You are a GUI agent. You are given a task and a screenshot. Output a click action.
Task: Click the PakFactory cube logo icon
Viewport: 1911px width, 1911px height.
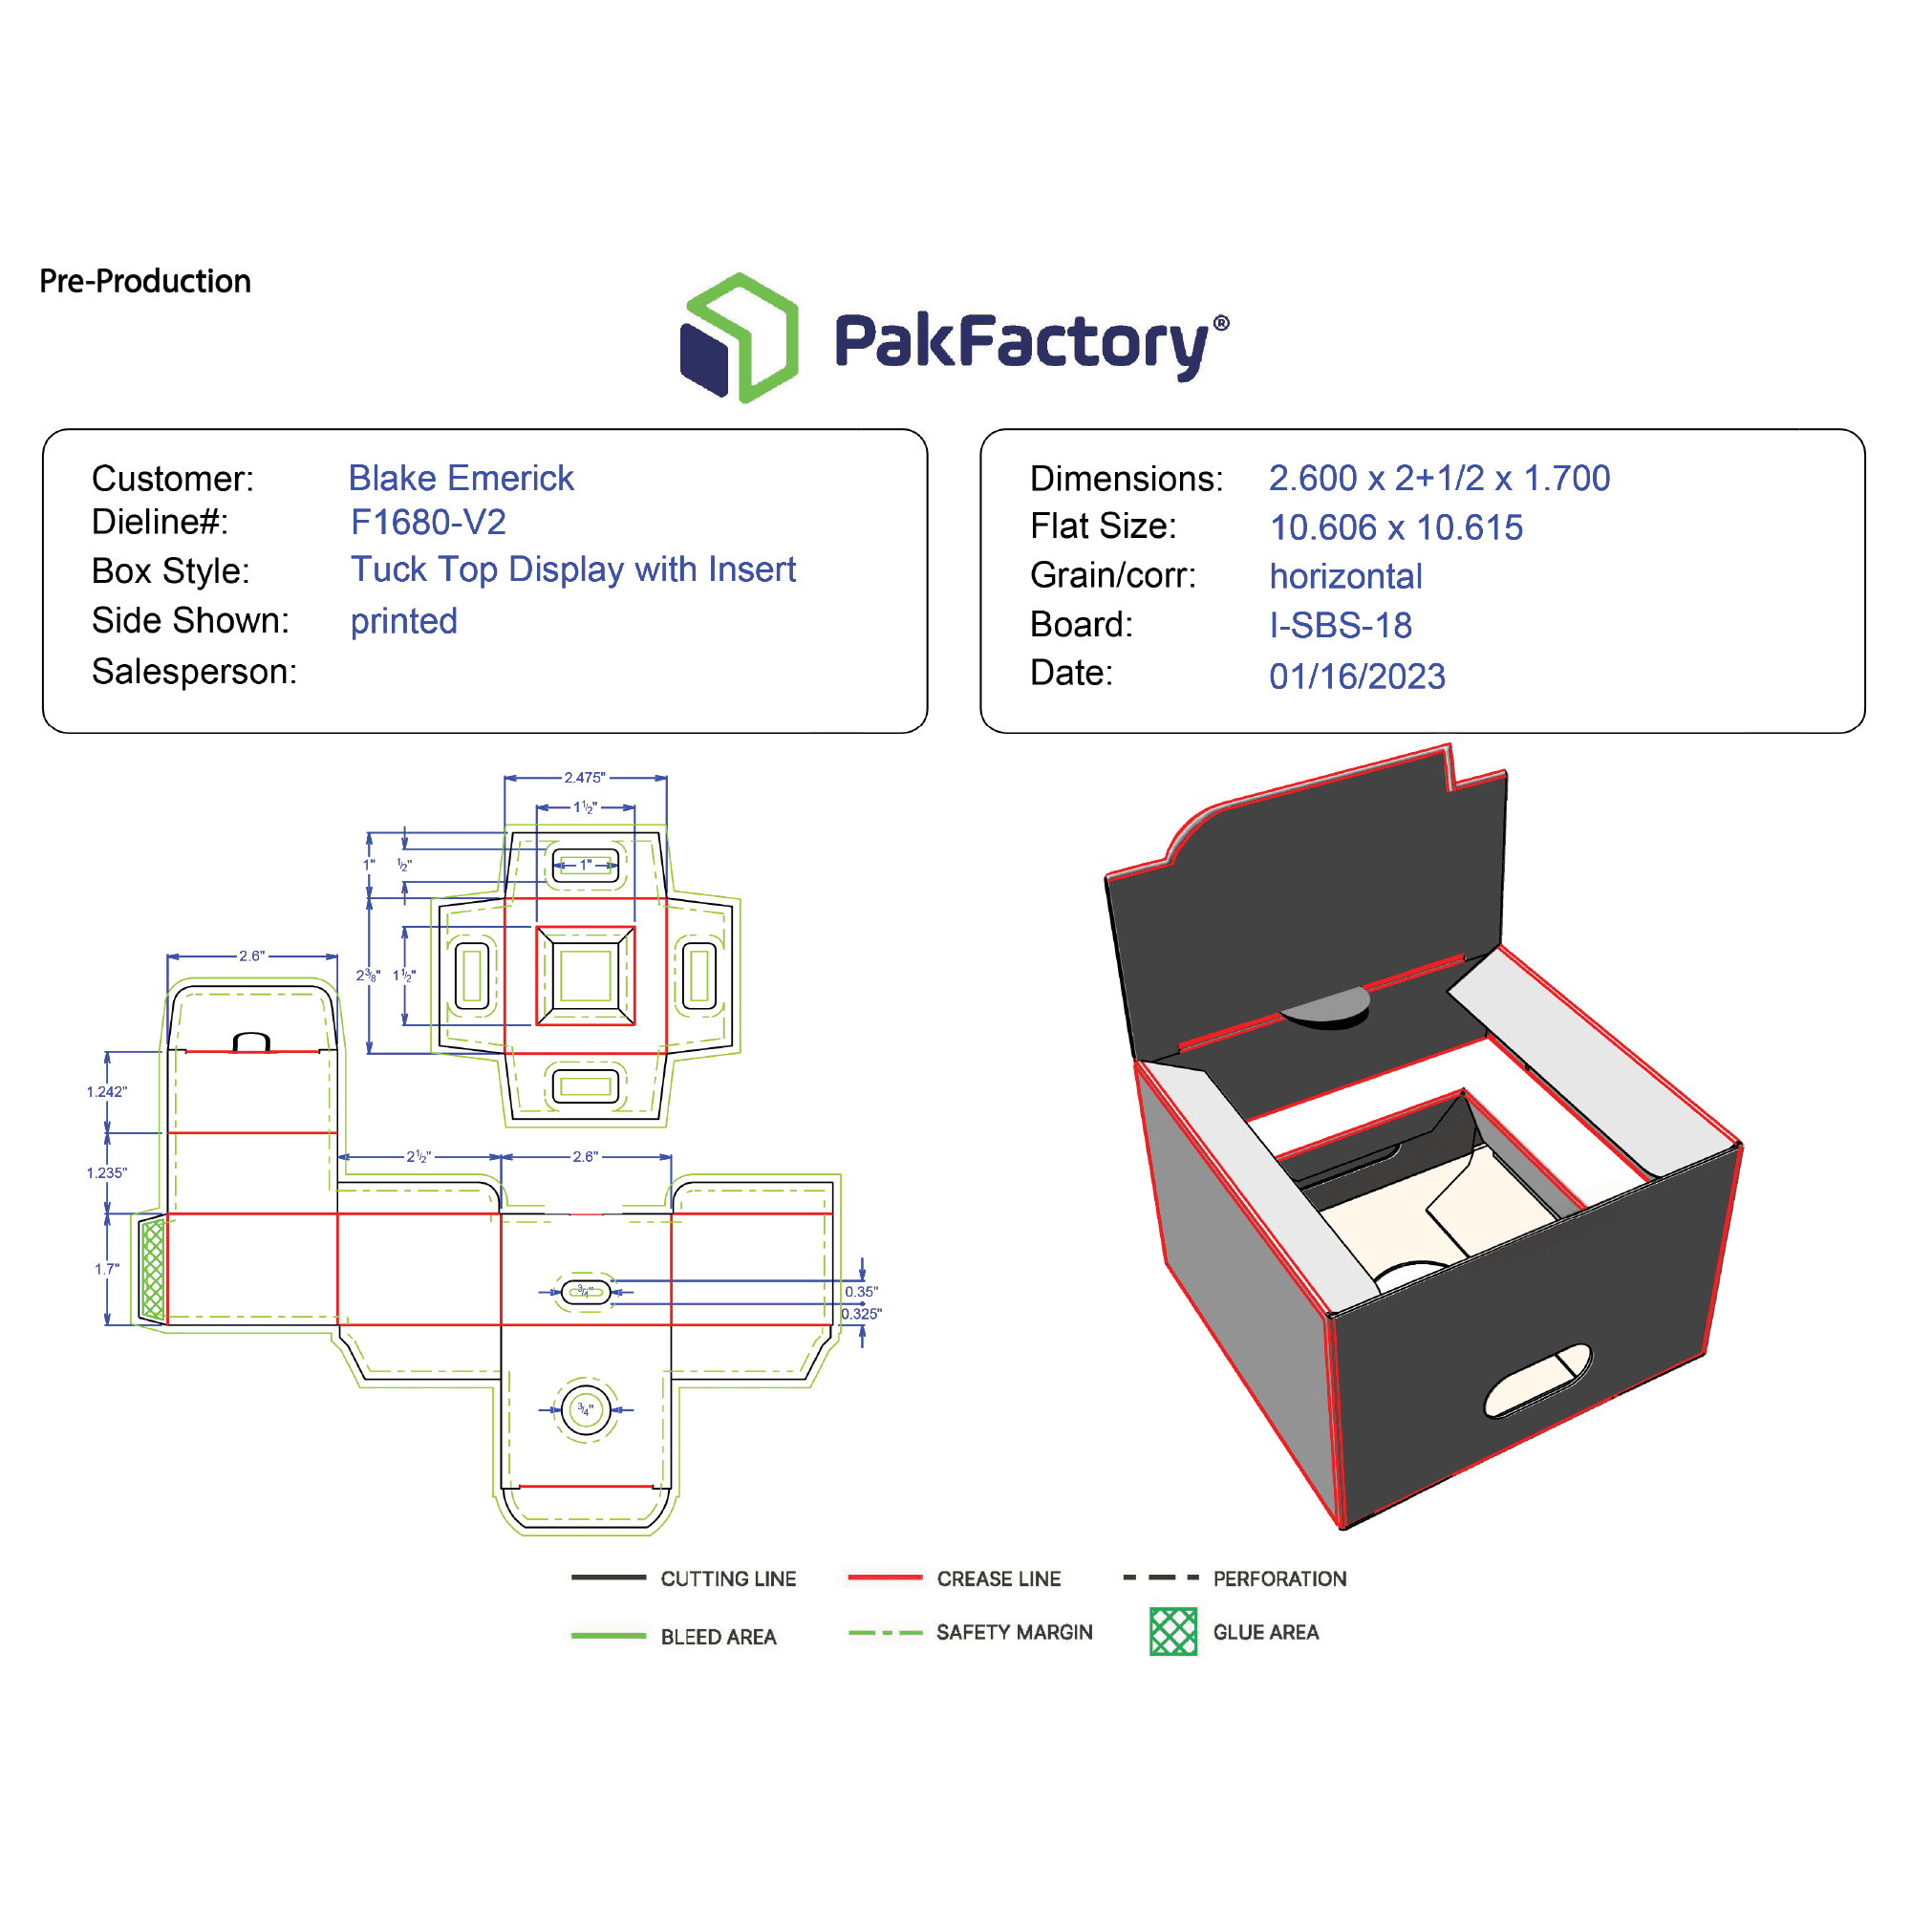739,338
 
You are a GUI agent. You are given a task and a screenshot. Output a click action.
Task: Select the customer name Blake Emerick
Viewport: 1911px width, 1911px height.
461,479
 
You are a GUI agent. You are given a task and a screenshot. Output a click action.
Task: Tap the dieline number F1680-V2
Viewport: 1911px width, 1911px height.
428,523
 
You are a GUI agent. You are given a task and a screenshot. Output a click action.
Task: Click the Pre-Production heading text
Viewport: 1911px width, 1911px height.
144,282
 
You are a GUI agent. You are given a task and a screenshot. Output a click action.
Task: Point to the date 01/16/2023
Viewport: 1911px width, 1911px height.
1357,676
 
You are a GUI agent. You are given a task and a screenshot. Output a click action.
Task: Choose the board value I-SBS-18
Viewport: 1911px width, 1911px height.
1341,625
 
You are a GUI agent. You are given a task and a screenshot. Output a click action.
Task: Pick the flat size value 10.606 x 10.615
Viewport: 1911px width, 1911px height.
1396,528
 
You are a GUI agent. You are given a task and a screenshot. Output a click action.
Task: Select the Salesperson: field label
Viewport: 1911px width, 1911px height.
194,672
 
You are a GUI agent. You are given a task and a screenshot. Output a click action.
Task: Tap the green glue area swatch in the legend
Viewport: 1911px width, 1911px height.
1173,1632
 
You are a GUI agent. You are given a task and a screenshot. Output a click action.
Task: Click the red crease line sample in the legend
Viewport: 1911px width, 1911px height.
886,1578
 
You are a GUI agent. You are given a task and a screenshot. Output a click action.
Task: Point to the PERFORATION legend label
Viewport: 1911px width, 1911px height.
1279,1578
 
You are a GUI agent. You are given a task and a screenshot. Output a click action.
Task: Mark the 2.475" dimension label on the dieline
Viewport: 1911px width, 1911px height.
585,778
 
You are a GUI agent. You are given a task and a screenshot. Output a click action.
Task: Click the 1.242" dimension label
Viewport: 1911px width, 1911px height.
107,1092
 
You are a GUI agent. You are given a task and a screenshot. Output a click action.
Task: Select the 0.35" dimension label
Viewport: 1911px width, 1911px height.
861,1292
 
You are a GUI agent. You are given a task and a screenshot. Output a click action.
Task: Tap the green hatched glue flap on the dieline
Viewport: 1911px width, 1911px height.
152,1269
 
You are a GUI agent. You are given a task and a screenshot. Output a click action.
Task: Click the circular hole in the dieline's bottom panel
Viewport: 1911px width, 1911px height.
586,1410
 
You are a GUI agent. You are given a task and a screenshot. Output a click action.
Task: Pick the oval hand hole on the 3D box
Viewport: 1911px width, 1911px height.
1537,1380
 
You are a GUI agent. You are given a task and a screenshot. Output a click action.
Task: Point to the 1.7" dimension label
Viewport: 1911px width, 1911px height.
107,1269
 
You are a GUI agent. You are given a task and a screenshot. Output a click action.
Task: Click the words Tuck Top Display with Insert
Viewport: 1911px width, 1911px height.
572,569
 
